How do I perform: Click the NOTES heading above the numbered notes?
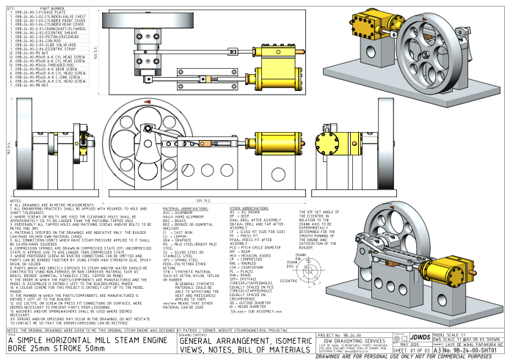(15, 200)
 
